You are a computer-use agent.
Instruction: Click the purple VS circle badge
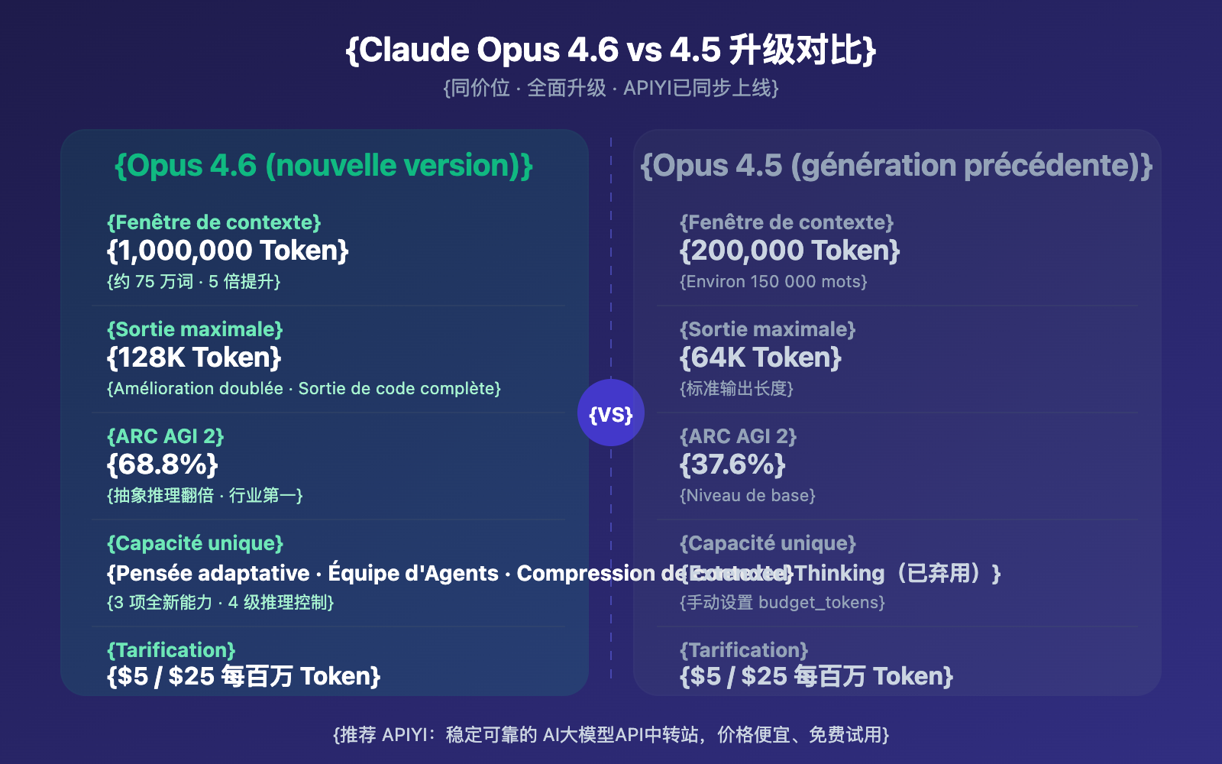coord(611,413)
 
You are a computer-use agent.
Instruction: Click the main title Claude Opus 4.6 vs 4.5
coord(611,50)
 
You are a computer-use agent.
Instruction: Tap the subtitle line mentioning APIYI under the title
coord(611,89)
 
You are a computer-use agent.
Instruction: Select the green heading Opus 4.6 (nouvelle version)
coord(324,166)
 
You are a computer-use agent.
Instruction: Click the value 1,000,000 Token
coord(228,251)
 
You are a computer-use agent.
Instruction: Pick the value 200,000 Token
coord(790,251)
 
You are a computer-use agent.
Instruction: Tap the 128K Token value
coord(194,358)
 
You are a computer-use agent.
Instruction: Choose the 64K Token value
coord(761,358)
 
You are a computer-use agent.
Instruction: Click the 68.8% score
coord(163,465)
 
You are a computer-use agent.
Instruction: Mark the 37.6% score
coord(732,465)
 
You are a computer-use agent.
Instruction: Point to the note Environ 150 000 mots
coord(774,282)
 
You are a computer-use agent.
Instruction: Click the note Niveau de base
coord(748,496)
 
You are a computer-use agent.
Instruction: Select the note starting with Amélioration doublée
coord(304,389)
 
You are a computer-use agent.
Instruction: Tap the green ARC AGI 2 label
coord(165,436)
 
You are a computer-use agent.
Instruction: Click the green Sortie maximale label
coord(195,329)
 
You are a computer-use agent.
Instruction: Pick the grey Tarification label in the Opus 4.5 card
coord(744,650)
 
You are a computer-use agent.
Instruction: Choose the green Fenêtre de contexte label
coord(214,222)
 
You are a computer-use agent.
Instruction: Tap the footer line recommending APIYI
coord(611,735)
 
